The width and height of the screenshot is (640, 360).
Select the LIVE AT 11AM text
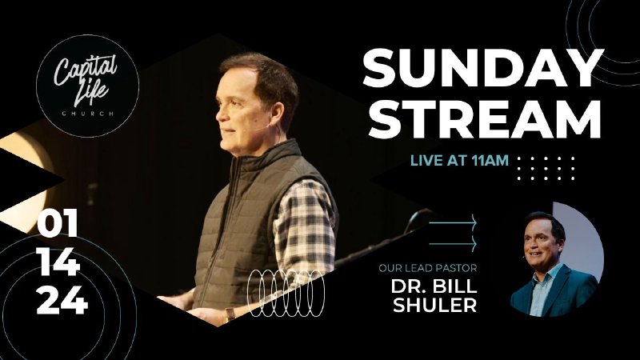click(459, 161)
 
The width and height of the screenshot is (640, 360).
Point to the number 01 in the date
click(58, 226)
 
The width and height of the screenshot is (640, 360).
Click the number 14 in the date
click(58, 263)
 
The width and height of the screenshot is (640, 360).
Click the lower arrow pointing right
click(454, 242)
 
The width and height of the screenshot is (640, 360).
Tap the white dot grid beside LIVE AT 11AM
click(546, 168)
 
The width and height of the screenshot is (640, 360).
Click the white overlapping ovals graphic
click(287, 291)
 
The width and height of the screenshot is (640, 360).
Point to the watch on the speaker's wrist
click(230, 314)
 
